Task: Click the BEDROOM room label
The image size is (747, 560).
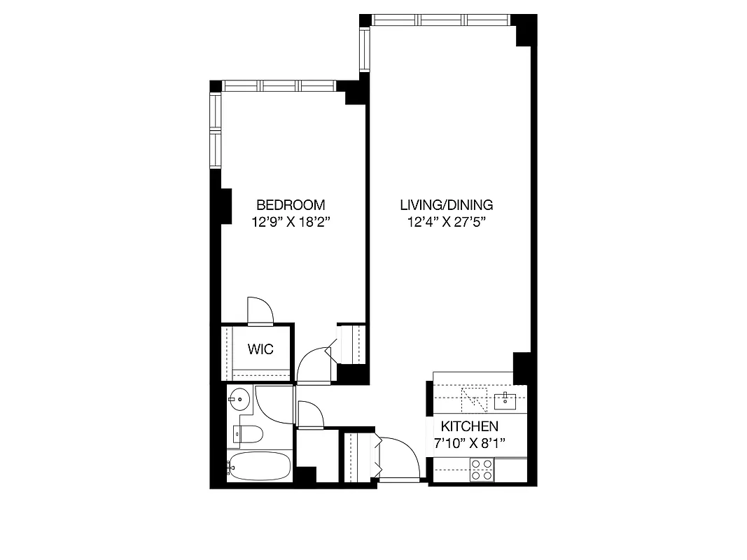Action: click(x=291, y=205)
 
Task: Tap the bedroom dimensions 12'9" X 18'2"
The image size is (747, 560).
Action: click(x=291, y=223)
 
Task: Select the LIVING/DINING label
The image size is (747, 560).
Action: click(x=447, y=205)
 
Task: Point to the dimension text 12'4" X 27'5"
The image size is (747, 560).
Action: click(x=447, y=223)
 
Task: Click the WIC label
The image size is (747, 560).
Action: click(x=260, y=349)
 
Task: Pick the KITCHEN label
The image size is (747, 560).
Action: click(x=469, y=426)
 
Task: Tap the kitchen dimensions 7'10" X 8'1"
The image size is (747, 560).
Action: click(x=469, y=442)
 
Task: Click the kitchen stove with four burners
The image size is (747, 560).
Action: click(x=480, y=470)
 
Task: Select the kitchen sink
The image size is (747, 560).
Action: click(x=504, y=400)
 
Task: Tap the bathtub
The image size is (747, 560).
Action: click(x=259, y=465)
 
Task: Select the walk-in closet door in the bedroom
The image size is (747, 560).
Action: click(x=260, y=311)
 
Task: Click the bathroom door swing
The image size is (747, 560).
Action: click(x=273, y=402)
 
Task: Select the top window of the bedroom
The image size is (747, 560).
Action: click(x=280, y=86)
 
